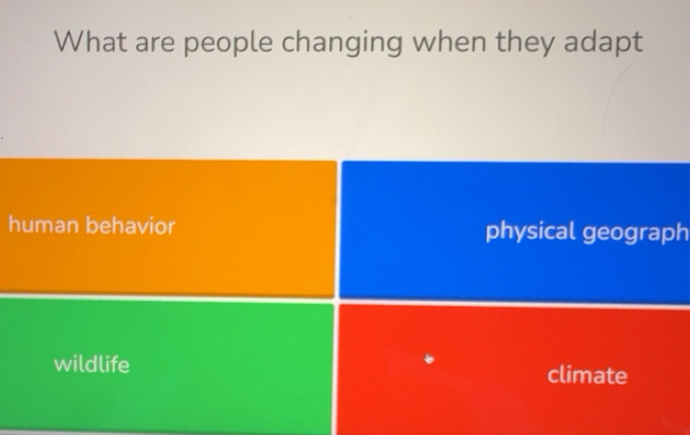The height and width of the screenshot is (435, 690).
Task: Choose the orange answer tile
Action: (x=167, y=228)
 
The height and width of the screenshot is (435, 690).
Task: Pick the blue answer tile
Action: (x=515, y=230)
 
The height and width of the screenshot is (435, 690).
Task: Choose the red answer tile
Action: (x=515, y=368)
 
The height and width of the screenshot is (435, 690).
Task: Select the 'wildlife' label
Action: (x=91, y=364)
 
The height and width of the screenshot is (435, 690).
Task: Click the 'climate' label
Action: (x=587, y=376)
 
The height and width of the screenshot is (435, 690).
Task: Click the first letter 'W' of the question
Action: (x=68, y=41)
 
